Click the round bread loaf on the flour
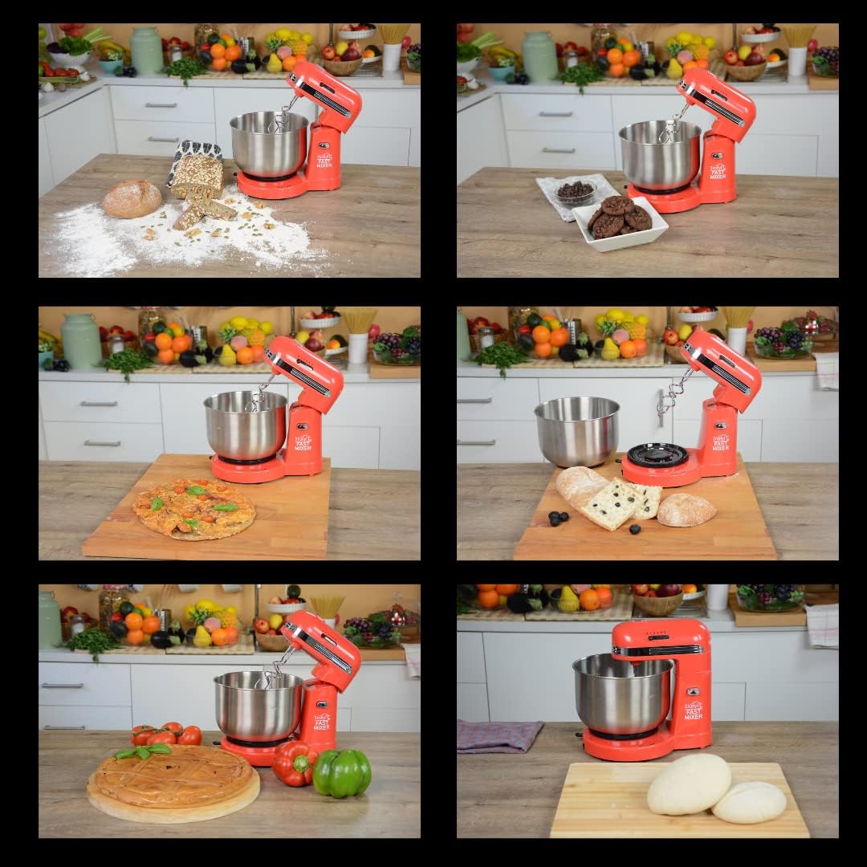tap(132, 198)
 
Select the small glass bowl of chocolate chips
tap(575, 193)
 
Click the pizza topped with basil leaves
tap(194, 509)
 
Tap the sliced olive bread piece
tap(614, 504)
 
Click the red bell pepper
tap(294, 763)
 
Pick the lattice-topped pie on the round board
tap(173, 776)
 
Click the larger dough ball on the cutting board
tap(689, 784)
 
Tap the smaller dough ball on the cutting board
tap(749, 801)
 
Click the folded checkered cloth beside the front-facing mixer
tap(499, 735)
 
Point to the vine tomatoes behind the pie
tap(167, 734)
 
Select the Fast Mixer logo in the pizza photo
tap(303, 441)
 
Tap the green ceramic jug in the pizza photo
tap(82, 341)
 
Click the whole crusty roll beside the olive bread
tap(686, 510)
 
